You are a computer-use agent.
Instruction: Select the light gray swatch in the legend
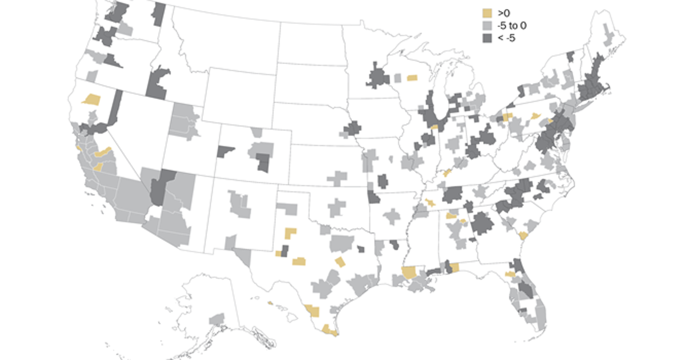[487, 26]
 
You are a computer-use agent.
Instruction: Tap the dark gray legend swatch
[487, 38]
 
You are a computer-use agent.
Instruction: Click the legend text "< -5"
[506, 38]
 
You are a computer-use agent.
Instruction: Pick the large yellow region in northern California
[91, 99]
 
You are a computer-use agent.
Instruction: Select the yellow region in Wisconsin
[412, 78]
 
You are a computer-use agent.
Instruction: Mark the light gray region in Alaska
[217, 318]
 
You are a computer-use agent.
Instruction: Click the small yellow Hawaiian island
[270, 303]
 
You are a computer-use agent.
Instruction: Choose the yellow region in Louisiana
[409, 272]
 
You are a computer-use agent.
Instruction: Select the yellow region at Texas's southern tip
[330, 330]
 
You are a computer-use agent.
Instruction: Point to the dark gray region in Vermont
[570, 56]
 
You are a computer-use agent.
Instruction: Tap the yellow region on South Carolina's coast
[523, 235]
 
